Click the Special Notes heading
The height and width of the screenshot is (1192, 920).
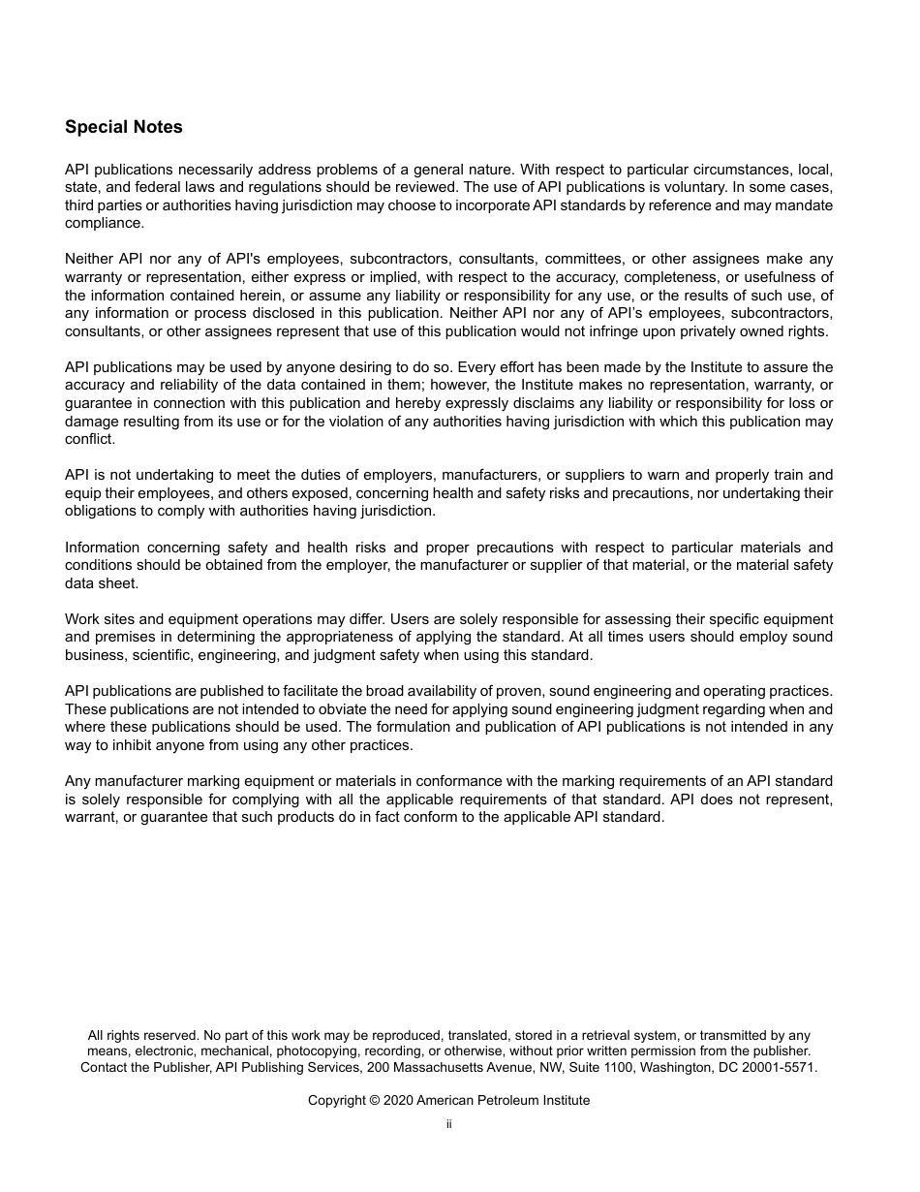pyautogui.click(x=123, y=127)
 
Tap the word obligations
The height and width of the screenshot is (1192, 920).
pyautogui.click(x=104, y=511)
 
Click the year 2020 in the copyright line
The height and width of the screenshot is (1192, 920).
pyautogui.click(x=398, y=1101)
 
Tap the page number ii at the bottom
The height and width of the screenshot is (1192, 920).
pyautogui.click(x=448, y=1124)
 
